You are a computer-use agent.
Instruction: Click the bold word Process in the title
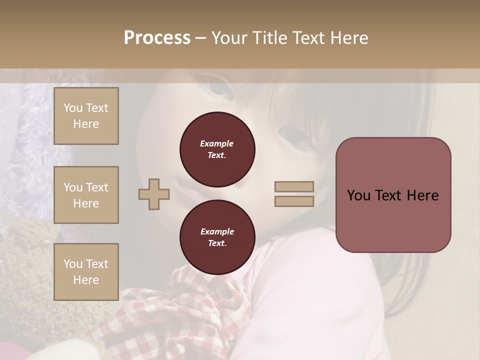(157, 38)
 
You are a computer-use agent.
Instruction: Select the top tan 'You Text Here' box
(86, 116)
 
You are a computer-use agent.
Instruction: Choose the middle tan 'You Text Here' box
(86, 195)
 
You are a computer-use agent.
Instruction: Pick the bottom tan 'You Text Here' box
(86, 272)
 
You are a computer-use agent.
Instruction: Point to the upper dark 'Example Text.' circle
(217, 149)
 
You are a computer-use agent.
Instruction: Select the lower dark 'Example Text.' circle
(217, 237)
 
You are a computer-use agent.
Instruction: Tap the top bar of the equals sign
(294, 186)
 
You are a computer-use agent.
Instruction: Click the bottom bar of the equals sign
(294, 201)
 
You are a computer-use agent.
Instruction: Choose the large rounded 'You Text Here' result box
(393, 195)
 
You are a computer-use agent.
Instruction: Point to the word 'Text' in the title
(308, 38)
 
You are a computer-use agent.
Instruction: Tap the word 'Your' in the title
(228, 38)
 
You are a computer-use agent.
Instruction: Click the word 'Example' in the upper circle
(217, 143)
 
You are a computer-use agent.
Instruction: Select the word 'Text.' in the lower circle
(217, 243)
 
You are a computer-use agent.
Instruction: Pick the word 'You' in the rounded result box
(358, 195)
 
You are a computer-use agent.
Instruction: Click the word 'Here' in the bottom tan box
(86, 280)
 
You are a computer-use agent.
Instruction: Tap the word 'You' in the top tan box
(72, 108)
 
